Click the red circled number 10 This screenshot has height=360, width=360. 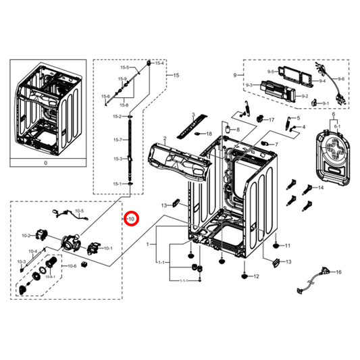click(x=131, y=219)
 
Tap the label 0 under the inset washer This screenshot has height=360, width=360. click(x=46, y=163)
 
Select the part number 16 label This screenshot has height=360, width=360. click(x=338, y=272)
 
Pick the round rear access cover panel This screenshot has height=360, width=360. click(x=332, y=157)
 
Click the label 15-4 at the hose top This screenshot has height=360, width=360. click(x=159, y=63)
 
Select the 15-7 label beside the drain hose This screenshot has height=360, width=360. click(x=118, y=140)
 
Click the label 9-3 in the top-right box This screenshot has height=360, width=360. click(x=249, y=84)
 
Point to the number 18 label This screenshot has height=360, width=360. click(x=209, y=134)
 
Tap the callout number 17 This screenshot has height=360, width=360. click(x=272, y=120)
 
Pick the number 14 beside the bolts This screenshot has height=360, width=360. click(x=320, y=187)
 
